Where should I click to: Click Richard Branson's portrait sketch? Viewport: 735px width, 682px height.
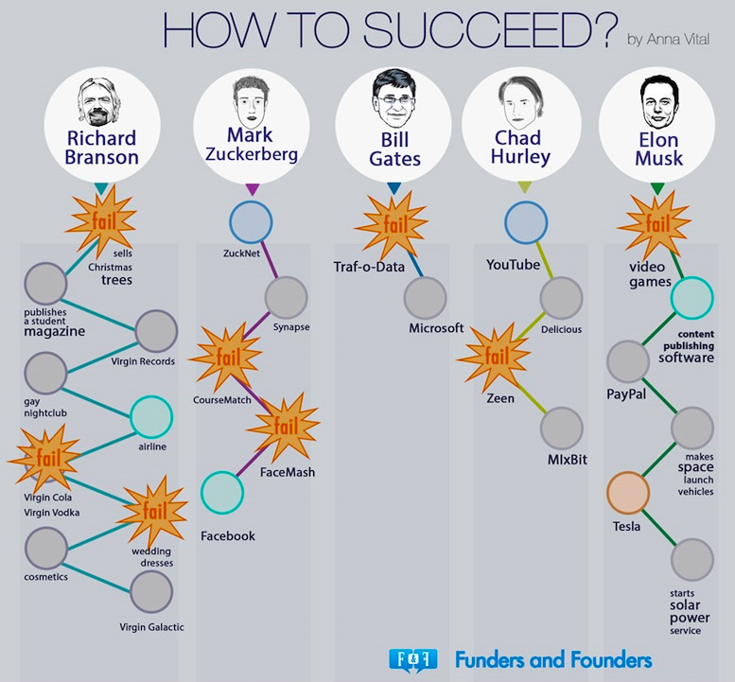click(99, 102)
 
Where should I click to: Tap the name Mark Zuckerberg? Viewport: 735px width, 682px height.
click(252, 145)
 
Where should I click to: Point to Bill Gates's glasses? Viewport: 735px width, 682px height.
click(394, 100)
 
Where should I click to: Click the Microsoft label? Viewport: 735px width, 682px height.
click(436, 328)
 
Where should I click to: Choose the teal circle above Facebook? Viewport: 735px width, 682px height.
click(222, 493)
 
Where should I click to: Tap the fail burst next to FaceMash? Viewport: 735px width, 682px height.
click(284, 427)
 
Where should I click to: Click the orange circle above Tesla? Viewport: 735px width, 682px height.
click(628, 493)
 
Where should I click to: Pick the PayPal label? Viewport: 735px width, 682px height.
click(626, 394)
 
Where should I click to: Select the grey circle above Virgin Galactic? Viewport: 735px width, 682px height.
click(151, 591)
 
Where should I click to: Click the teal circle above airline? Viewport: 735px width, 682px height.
click(151, 417)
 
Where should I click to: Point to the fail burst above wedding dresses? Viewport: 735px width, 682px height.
click(154, 512)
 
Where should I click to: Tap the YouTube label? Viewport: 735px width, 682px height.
click(513, 265)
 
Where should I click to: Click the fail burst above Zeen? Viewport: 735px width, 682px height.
click(495, 358)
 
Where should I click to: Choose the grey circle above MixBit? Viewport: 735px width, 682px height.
click(562, 428)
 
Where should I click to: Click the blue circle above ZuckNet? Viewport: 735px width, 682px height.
click(251, 222)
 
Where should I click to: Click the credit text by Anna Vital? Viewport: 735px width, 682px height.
click(669, 40)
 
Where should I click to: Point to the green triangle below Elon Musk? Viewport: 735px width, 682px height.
click(657, 188)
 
